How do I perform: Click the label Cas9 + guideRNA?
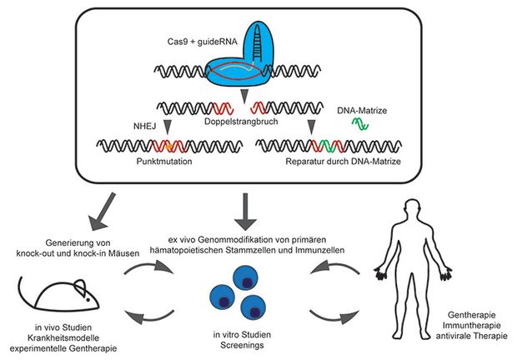point(202,42)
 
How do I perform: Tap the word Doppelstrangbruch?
point(241,122)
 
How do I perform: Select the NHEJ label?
point(144,126)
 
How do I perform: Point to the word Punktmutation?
point(164,162)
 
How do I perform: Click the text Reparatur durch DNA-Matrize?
point(344,162)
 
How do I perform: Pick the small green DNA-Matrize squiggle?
point(360,124)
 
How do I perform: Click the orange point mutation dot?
point(169,147)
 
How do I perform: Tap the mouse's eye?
point(88,300)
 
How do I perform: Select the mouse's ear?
point(81,287)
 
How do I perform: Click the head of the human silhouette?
point(413,209)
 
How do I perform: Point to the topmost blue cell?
point(245,278)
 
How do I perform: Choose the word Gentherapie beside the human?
point(472,315)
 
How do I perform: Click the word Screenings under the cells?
point(242,345)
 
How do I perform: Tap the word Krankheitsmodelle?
point(63,338)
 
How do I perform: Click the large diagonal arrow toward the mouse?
point(102,211)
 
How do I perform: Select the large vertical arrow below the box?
point(245,212)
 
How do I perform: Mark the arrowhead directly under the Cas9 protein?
point(244,96)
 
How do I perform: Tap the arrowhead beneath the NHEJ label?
point(168,127)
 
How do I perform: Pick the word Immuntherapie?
point(471,326)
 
